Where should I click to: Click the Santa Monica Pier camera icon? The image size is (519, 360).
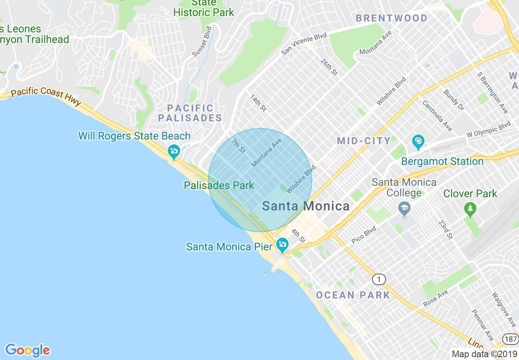click(282, 245)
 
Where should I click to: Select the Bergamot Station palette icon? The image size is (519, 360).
click(418, 142)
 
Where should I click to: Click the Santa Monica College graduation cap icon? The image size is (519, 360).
click(404, 209)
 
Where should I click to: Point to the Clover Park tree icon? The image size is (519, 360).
click(470, 209)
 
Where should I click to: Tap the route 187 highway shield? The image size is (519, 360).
click(510, 339)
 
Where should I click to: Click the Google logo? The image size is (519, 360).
click(27, 350)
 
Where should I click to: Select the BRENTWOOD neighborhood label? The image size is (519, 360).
click(391, 18)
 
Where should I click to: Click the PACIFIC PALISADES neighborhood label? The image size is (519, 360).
click(190, 113)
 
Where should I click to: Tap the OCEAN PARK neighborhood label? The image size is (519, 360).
click(353, 295)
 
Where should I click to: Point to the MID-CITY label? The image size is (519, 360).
click(364, 141)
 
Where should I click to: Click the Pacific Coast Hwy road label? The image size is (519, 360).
click(46, 96)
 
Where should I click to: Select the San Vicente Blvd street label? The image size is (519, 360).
click(304, 44)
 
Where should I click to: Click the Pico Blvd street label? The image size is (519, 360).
click(363, 236)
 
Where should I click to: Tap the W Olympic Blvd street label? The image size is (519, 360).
click(489, 130)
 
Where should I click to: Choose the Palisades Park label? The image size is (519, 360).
click(219, 185)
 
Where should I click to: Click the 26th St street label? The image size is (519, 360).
click(329, 67)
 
